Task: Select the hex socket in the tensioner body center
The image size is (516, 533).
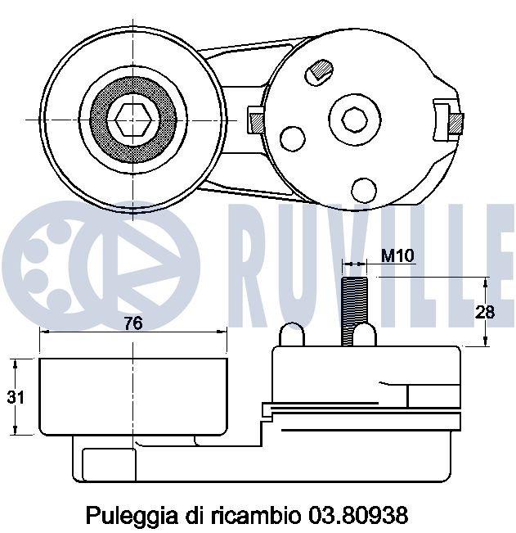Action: pyautogui.click(x=354, y=120)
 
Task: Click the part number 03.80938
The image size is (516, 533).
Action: pyautogui.click(x=357, y=516)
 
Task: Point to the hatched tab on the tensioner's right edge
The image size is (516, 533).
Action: pyautogui.click(x=456, y=124)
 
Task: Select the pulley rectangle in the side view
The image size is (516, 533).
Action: pyautogui.click(x=133, y=397)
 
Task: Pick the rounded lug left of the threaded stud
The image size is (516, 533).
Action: pyautogui.click(x=292, y=335)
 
